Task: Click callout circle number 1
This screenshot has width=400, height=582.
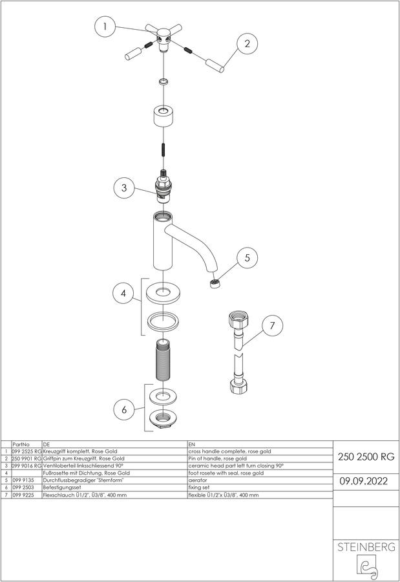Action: click(x=106, y=27)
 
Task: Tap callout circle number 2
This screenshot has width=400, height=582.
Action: click(x=247, y=43)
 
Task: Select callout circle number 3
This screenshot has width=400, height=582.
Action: click(x=124, y=188)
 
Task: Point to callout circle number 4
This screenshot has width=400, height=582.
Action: click(x=123, y=293)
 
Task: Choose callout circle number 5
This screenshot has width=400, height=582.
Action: click(x=247, y=257)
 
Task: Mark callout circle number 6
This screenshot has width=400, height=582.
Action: click(x=124, y=409)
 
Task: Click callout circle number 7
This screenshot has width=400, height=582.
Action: click(x=272, y=325)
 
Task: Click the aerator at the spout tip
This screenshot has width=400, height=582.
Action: click(x=214, y=285)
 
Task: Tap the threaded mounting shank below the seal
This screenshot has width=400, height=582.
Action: click(x=162, y=360)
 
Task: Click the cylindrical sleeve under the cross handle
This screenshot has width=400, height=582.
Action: click(x=163, y=116)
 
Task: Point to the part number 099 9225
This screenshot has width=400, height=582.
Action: click(x=23, y=495)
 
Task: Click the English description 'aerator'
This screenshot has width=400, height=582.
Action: click(x=198, y=480)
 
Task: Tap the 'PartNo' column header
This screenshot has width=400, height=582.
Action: click(x=21, y=444)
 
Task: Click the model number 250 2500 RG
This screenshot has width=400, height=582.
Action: click(x=366, y=457)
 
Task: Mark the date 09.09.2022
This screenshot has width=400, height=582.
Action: click(x=364, y=481)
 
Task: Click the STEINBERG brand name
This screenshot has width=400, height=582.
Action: click(x=366, y=547)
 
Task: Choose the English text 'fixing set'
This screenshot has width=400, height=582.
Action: click(x=199, y=488)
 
